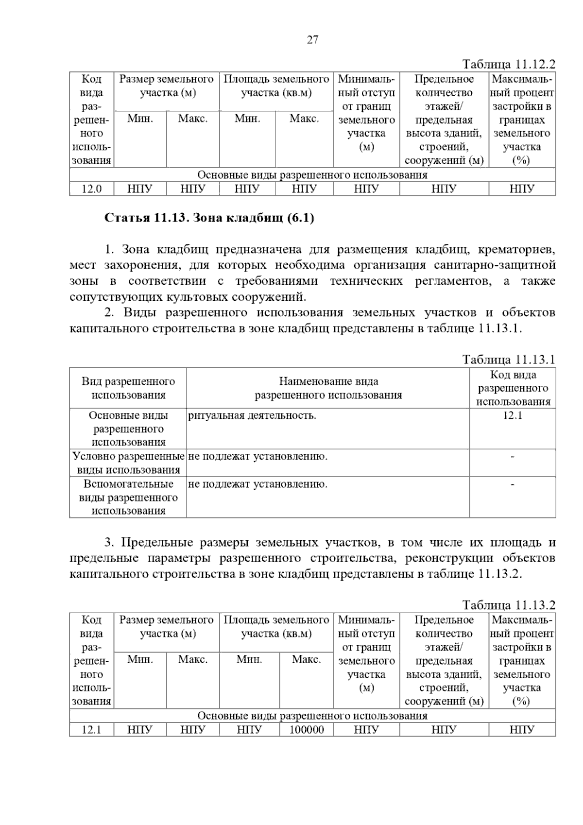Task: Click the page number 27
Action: [x=312, y=40]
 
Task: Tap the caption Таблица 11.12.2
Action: [x=508, y=65]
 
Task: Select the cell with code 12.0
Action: [x=91, y=189]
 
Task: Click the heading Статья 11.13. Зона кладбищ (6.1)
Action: [x=209, y=218]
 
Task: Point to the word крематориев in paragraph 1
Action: [x=516, y=250]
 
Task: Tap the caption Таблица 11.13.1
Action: [x=508, y=360]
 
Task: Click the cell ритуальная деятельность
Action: [x=252, y=415]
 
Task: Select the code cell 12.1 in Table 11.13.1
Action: [x=513, y=415]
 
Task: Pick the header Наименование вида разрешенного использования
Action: [x=328, y=388]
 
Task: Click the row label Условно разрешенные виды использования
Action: [x=128, y=463]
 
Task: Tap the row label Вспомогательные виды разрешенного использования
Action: [x=128, y=497]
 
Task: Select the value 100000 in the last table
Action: [x=307, y=730]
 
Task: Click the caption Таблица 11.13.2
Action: [x=508, y=605]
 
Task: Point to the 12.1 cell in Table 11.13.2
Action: [x=91, y=730]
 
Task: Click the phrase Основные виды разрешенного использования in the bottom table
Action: [x=312, y=716]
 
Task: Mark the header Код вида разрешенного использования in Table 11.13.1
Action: [x=513, y=388]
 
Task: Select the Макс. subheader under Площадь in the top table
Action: [x=304, y=119]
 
